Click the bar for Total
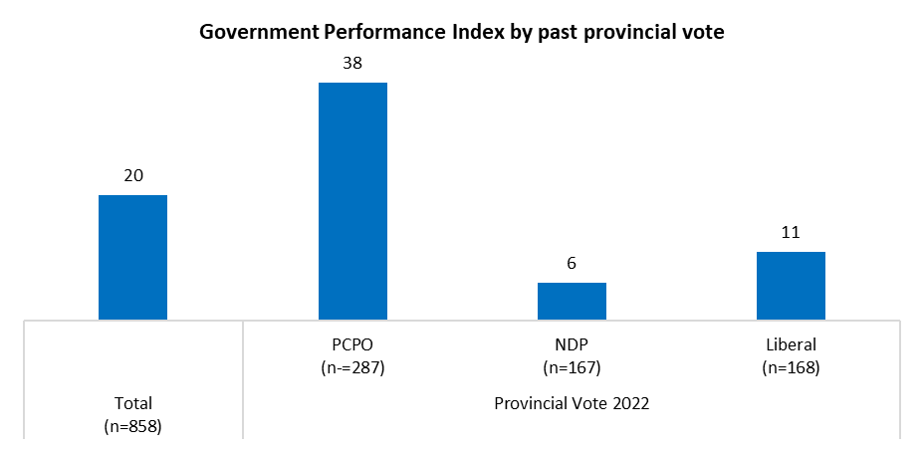(133, 258)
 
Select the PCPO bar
(352, 201)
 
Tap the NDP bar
(572, 302)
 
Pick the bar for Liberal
(791, 286)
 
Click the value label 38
(351, 63)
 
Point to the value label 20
(133, 176)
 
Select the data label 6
(572, 264)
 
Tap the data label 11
(791, 233)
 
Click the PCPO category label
(352, 345)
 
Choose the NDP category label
(572, 345)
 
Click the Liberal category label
(791, 345)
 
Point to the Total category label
(133, 404)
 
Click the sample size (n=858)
(133, 426)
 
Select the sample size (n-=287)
(352, 367)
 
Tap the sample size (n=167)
(572, 367)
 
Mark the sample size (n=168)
(791, 367)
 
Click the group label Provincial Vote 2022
(572, 404)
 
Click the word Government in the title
(254, 32)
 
